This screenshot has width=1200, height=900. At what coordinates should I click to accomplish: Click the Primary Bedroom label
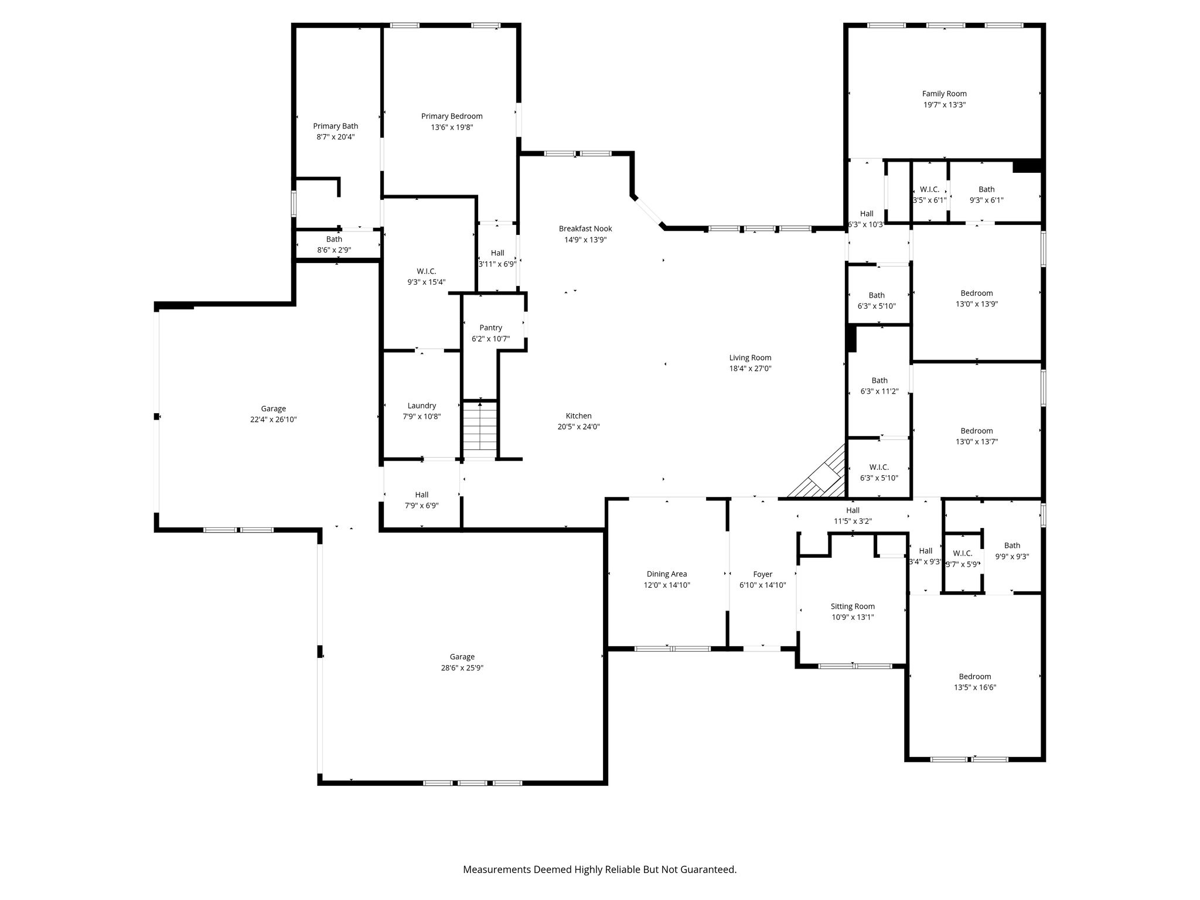pos(452,116)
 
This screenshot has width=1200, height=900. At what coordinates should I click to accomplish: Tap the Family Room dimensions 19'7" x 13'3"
pos(945,105)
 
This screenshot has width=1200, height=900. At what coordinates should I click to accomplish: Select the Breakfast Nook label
pos(585,229)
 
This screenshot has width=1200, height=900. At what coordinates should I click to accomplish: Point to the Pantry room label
pos(491,328)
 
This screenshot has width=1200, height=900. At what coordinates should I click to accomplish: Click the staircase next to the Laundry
pos(480,428)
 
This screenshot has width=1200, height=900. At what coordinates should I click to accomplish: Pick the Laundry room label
pos(422,405)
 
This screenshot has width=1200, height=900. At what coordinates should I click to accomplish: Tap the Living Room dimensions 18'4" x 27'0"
pos(750,369)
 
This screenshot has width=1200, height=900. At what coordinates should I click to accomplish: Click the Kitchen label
pos(578,416)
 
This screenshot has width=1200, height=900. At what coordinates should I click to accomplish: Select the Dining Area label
pos(667,574)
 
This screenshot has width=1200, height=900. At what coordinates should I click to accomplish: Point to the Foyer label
pos(763,574)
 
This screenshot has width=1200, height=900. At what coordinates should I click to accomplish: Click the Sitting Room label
pos(853,606)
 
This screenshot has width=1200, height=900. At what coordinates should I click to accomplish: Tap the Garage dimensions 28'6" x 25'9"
pos(462,668)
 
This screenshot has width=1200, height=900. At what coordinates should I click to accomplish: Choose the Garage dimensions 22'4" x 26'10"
pos(274,420)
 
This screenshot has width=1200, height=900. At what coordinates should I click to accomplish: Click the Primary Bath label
pos(336,126)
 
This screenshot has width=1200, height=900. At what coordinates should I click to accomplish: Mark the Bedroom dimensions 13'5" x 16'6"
pos(975,688)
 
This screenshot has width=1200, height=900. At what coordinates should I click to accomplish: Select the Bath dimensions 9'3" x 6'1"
pos(987,200)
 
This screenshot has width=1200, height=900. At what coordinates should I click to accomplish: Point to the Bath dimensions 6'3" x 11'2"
pos(879,391)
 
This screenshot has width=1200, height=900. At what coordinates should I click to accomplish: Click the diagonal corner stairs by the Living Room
pos(817,472)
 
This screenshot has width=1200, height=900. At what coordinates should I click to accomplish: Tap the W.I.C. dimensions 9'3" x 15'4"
pos(427,282)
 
